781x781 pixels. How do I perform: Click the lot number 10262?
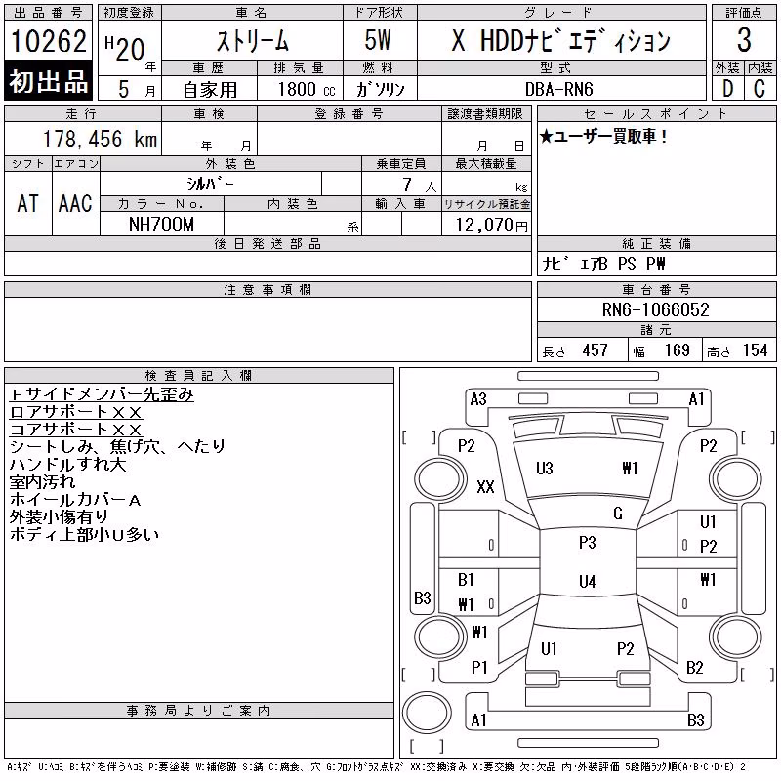tap(48, 40)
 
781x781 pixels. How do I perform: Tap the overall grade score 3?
tap(744, 39)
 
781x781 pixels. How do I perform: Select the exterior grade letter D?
tap(727, 89)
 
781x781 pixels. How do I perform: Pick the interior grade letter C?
tap(760, 89)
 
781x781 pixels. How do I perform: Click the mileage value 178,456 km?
tap(100, 139)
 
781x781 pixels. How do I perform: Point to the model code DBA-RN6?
tap(558, 89)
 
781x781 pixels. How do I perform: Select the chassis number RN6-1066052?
tap(655, 309)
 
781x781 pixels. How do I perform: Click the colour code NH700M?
tap(161, 225)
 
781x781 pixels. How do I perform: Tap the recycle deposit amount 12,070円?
tap(492, 226)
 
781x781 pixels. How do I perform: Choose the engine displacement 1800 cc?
tap(307, 89)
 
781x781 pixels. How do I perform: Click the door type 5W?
tap(378, 40)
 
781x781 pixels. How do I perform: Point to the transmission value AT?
tap(27, 203)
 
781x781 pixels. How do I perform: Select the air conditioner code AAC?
tap(75, 203)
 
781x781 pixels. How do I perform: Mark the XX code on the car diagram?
tap(485, 486)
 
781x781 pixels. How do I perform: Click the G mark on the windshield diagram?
tap(618, 514)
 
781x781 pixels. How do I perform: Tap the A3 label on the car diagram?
tap(478, 399)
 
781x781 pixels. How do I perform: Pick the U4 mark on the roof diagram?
tap(588, 581)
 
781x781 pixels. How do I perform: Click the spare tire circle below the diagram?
tap(427, 712)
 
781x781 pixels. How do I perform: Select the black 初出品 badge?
tap(48, 80)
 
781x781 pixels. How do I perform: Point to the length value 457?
tap(596, 350)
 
